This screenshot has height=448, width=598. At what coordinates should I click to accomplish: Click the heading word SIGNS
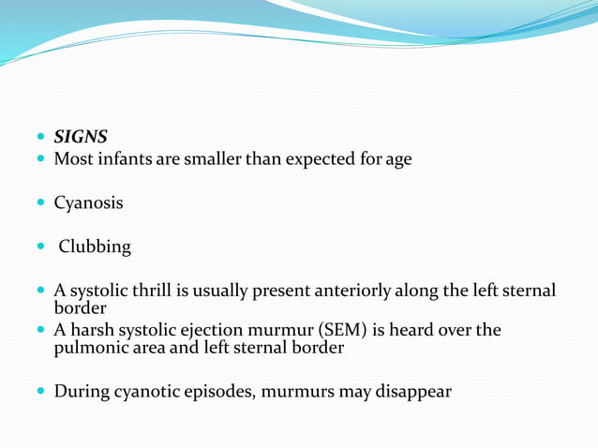coord(81,137)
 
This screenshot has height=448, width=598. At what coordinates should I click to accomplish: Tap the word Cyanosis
coord(88,202)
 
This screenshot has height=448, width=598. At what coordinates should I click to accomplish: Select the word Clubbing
coord(95,247)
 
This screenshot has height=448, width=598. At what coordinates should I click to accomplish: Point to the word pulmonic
coord(90,348)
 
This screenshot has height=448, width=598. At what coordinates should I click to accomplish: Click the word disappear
coord(414,391)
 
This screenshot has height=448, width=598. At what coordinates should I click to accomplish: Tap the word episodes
coord(220,391)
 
